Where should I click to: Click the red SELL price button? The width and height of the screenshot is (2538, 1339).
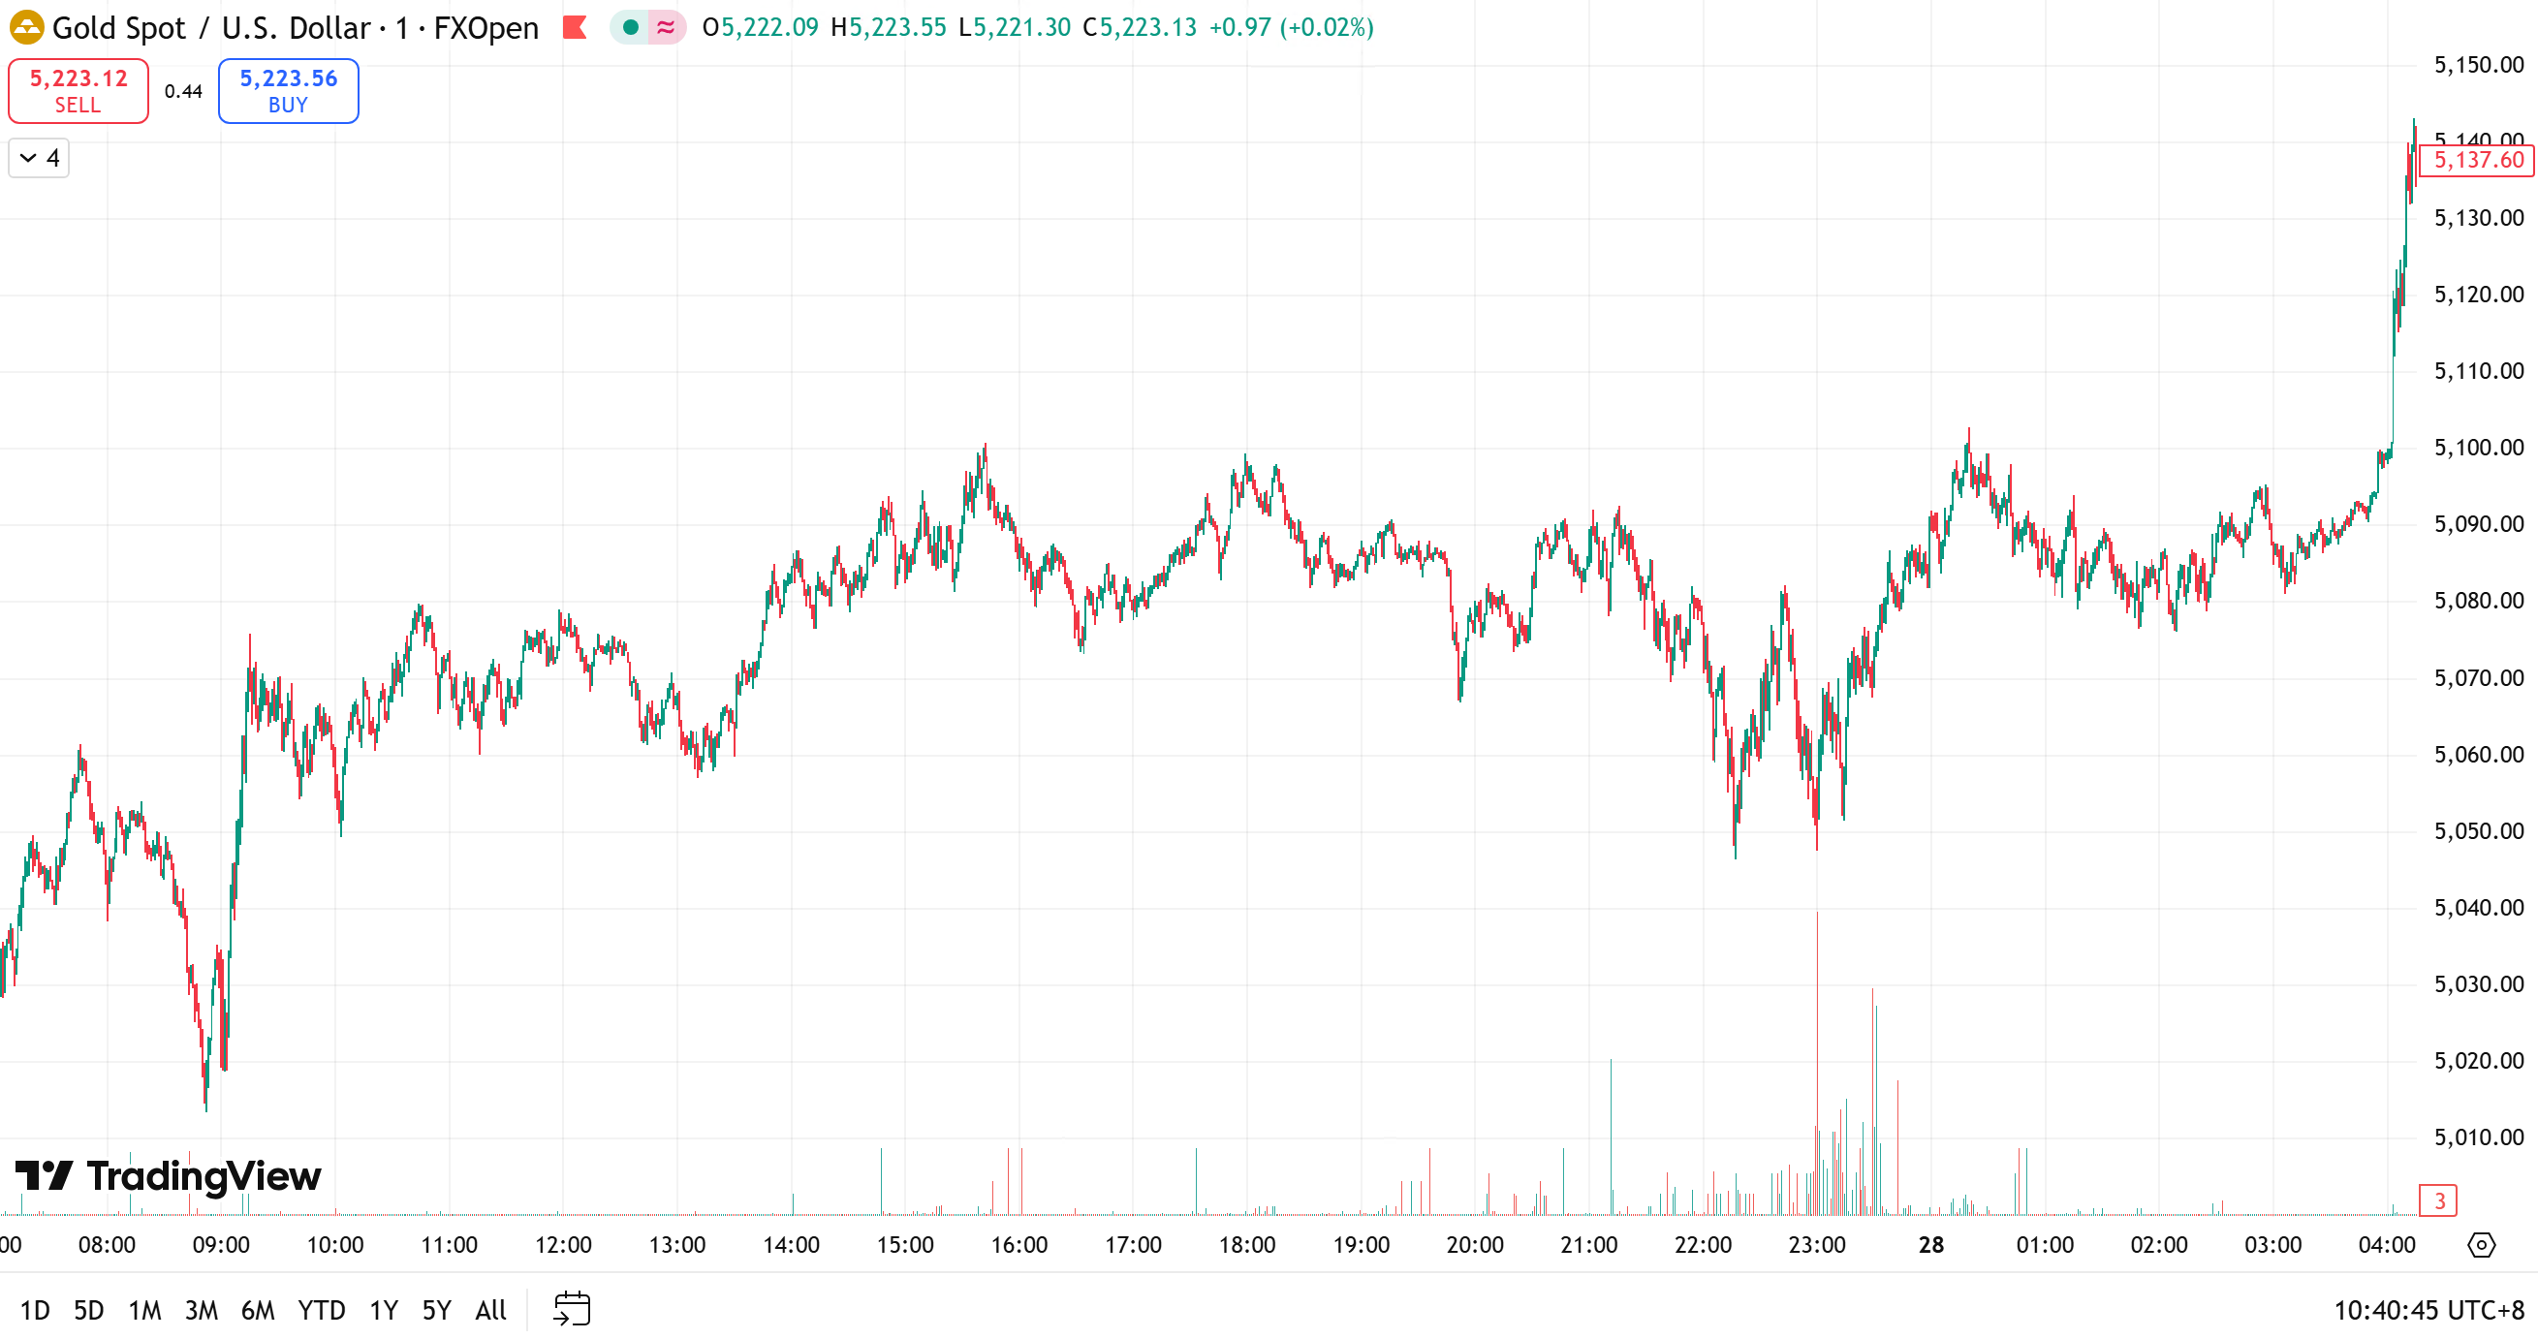[x=78, y=91]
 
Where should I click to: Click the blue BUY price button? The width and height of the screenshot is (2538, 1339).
[x=288, y=91]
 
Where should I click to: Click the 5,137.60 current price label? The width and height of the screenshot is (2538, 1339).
[x=2477, y=160]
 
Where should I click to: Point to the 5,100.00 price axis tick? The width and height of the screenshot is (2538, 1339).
[x=2478, y=448]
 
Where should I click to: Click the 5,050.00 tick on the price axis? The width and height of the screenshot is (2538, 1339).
[x=2478, y=830]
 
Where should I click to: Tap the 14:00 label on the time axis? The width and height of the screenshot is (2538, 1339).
[x=791, y=1244]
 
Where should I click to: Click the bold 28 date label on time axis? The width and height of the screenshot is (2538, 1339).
[x=1931, y=1244]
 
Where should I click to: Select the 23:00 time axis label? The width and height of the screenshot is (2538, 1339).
[x=1817, y=1244]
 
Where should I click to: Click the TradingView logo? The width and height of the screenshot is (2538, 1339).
[x=169, y=1175]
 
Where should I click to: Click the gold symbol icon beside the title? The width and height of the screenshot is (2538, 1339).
[x=26, y=27]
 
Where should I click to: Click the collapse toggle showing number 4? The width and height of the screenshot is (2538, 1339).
[x=40, y=158]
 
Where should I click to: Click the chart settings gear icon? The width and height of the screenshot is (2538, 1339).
[x=2481, y=1244]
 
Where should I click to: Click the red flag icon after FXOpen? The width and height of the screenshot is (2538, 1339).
[x=575, y=27]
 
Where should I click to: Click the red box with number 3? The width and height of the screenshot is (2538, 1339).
[x=2438, y=1200]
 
